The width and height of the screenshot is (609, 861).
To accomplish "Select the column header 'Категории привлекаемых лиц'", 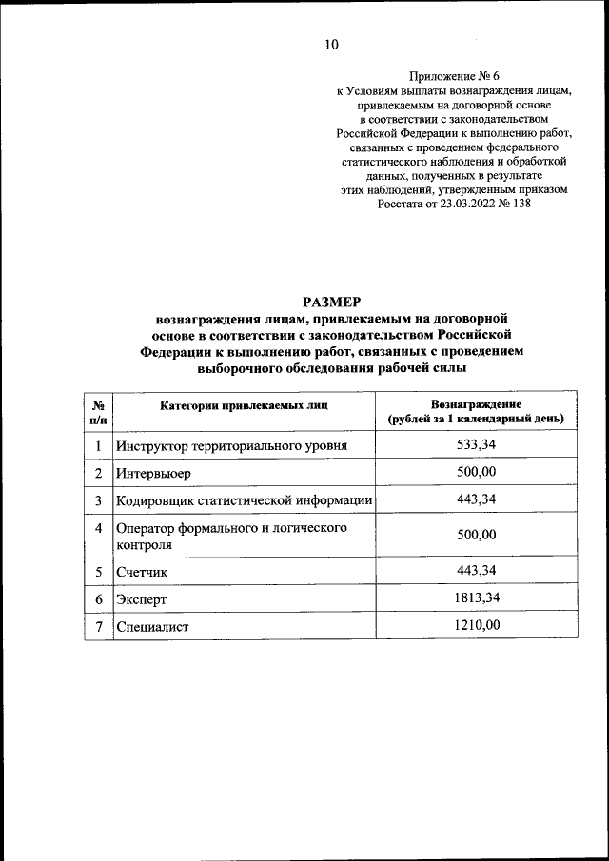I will pyautogui.click(x=243, y=404).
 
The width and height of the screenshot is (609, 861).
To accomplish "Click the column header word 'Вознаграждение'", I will pyautogui.click(x=476, y=404).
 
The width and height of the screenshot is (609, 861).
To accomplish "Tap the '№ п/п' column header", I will pyautogui.click(x=98, y=411).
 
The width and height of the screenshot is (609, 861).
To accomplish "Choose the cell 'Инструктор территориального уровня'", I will pyautogui.click(x=231, y=445).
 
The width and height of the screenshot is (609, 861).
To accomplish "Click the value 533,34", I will pyautogui.click(x=476, y=444).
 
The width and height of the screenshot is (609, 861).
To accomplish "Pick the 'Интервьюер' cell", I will pyautogui.click(x=153, y=473).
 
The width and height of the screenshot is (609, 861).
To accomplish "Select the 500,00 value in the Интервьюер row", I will pyautogui.click(x=476, y=472).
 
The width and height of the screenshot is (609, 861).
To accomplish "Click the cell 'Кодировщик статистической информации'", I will pyautogui.click(x=244, y=500).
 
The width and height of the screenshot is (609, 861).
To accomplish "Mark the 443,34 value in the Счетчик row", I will pyautogui.click(x=476, y=570).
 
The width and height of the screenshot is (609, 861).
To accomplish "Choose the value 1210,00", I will pyautogui.click(x=476, y=624).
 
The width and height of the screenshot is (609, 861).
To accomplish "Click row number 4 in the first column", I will pyautogui.click(x=98, y=527).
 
